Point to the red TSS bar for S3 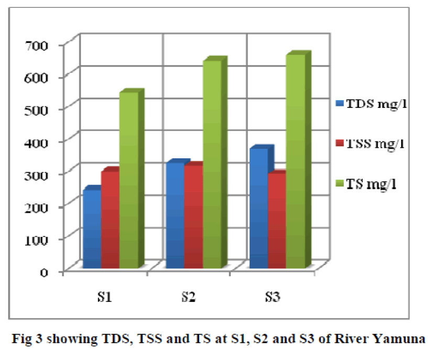coord(276,220)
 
